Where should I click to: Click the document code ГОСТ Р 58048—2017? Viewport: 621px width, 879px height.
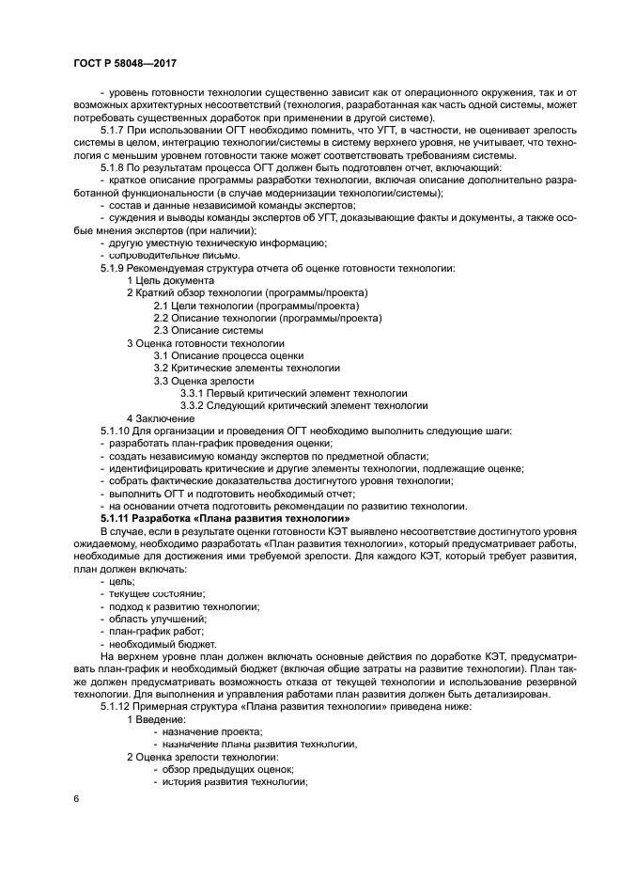tap(125, 63)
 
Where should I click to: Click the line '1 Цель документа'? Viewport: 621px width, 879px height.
tap(170, 281)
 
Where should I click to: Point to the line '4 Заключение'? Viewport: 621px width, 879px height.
tap(161, 418)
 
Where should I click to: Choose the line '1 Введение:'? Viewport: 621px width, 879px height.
tap(161, 719)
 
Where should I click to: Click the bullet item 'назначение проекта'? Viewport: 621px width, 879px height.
tap(212, 731)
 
